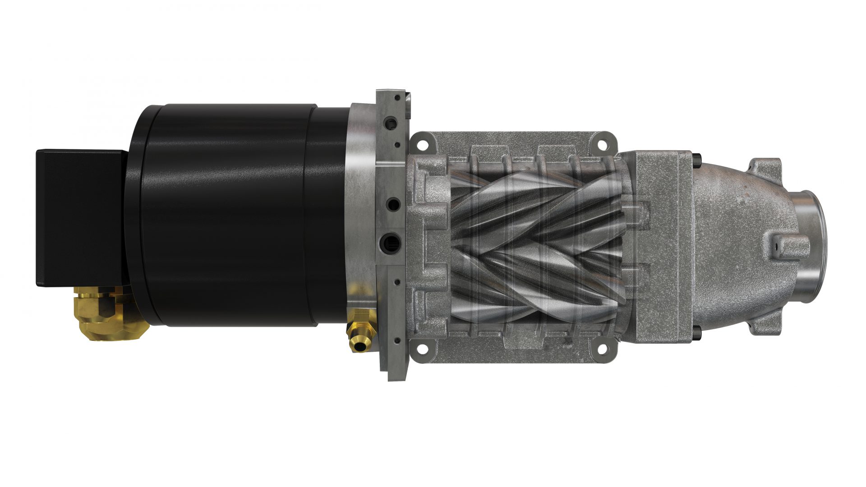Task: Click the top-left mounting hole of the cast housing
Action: (x=422, y=146)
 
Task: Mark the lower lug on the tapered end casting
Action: (x=767, y=322)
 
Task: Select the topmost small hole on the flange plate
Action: (x=396, y=97)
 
